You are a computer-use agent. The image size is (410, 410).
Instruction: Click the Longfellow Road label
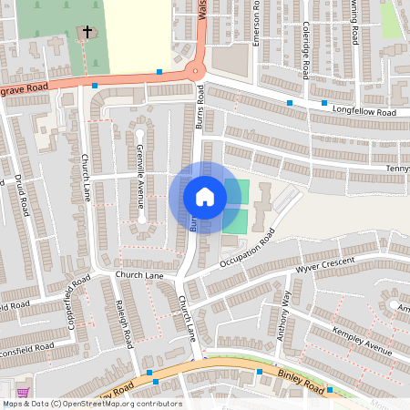click(x=361, y=112)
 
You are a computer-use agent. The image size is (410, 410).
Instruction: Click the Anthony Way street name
click(x=283, y=316)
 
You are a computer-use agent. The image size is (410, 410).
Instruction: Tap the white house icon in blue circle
click(x=204, y=197)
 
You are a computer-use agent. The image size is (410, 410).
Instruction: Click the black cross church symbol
click(x=87, y=33)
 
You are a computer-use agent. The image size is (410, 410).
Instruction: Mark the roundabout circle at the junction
click(x=194, y=74)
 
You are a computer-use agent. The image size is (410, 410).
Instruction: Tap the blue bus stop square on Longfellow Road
click(x=290, y=103)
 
